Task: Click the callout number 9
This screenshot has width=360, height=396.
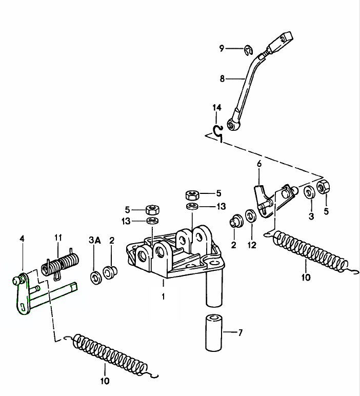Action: point(222,49)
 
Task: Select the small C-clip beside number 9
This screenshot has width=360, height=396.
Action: point(249,49)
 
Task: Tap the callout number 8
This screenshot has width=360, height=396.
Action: point(222,79)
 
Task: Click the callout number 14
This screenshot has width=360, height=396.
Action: point(217,108)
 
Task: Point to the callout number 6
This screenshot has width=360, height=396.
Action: point(259,164)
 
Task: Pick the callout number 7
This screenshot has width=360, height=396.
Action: point(241,333)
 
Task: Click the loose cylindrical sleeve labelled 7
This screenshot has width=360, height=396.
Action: point(215,332)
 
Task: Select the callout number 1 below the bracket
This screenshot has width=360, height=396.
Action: point(164,296)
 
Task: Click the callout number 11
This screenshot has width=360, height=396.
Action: point(58,237)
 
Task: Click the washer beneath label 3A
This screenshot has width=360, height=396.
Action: point(95,278)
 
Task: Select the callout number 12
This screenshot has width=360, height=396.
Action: point(251,246)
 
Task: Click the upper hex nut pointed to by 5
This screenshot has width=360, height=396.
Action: point(192,195)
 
